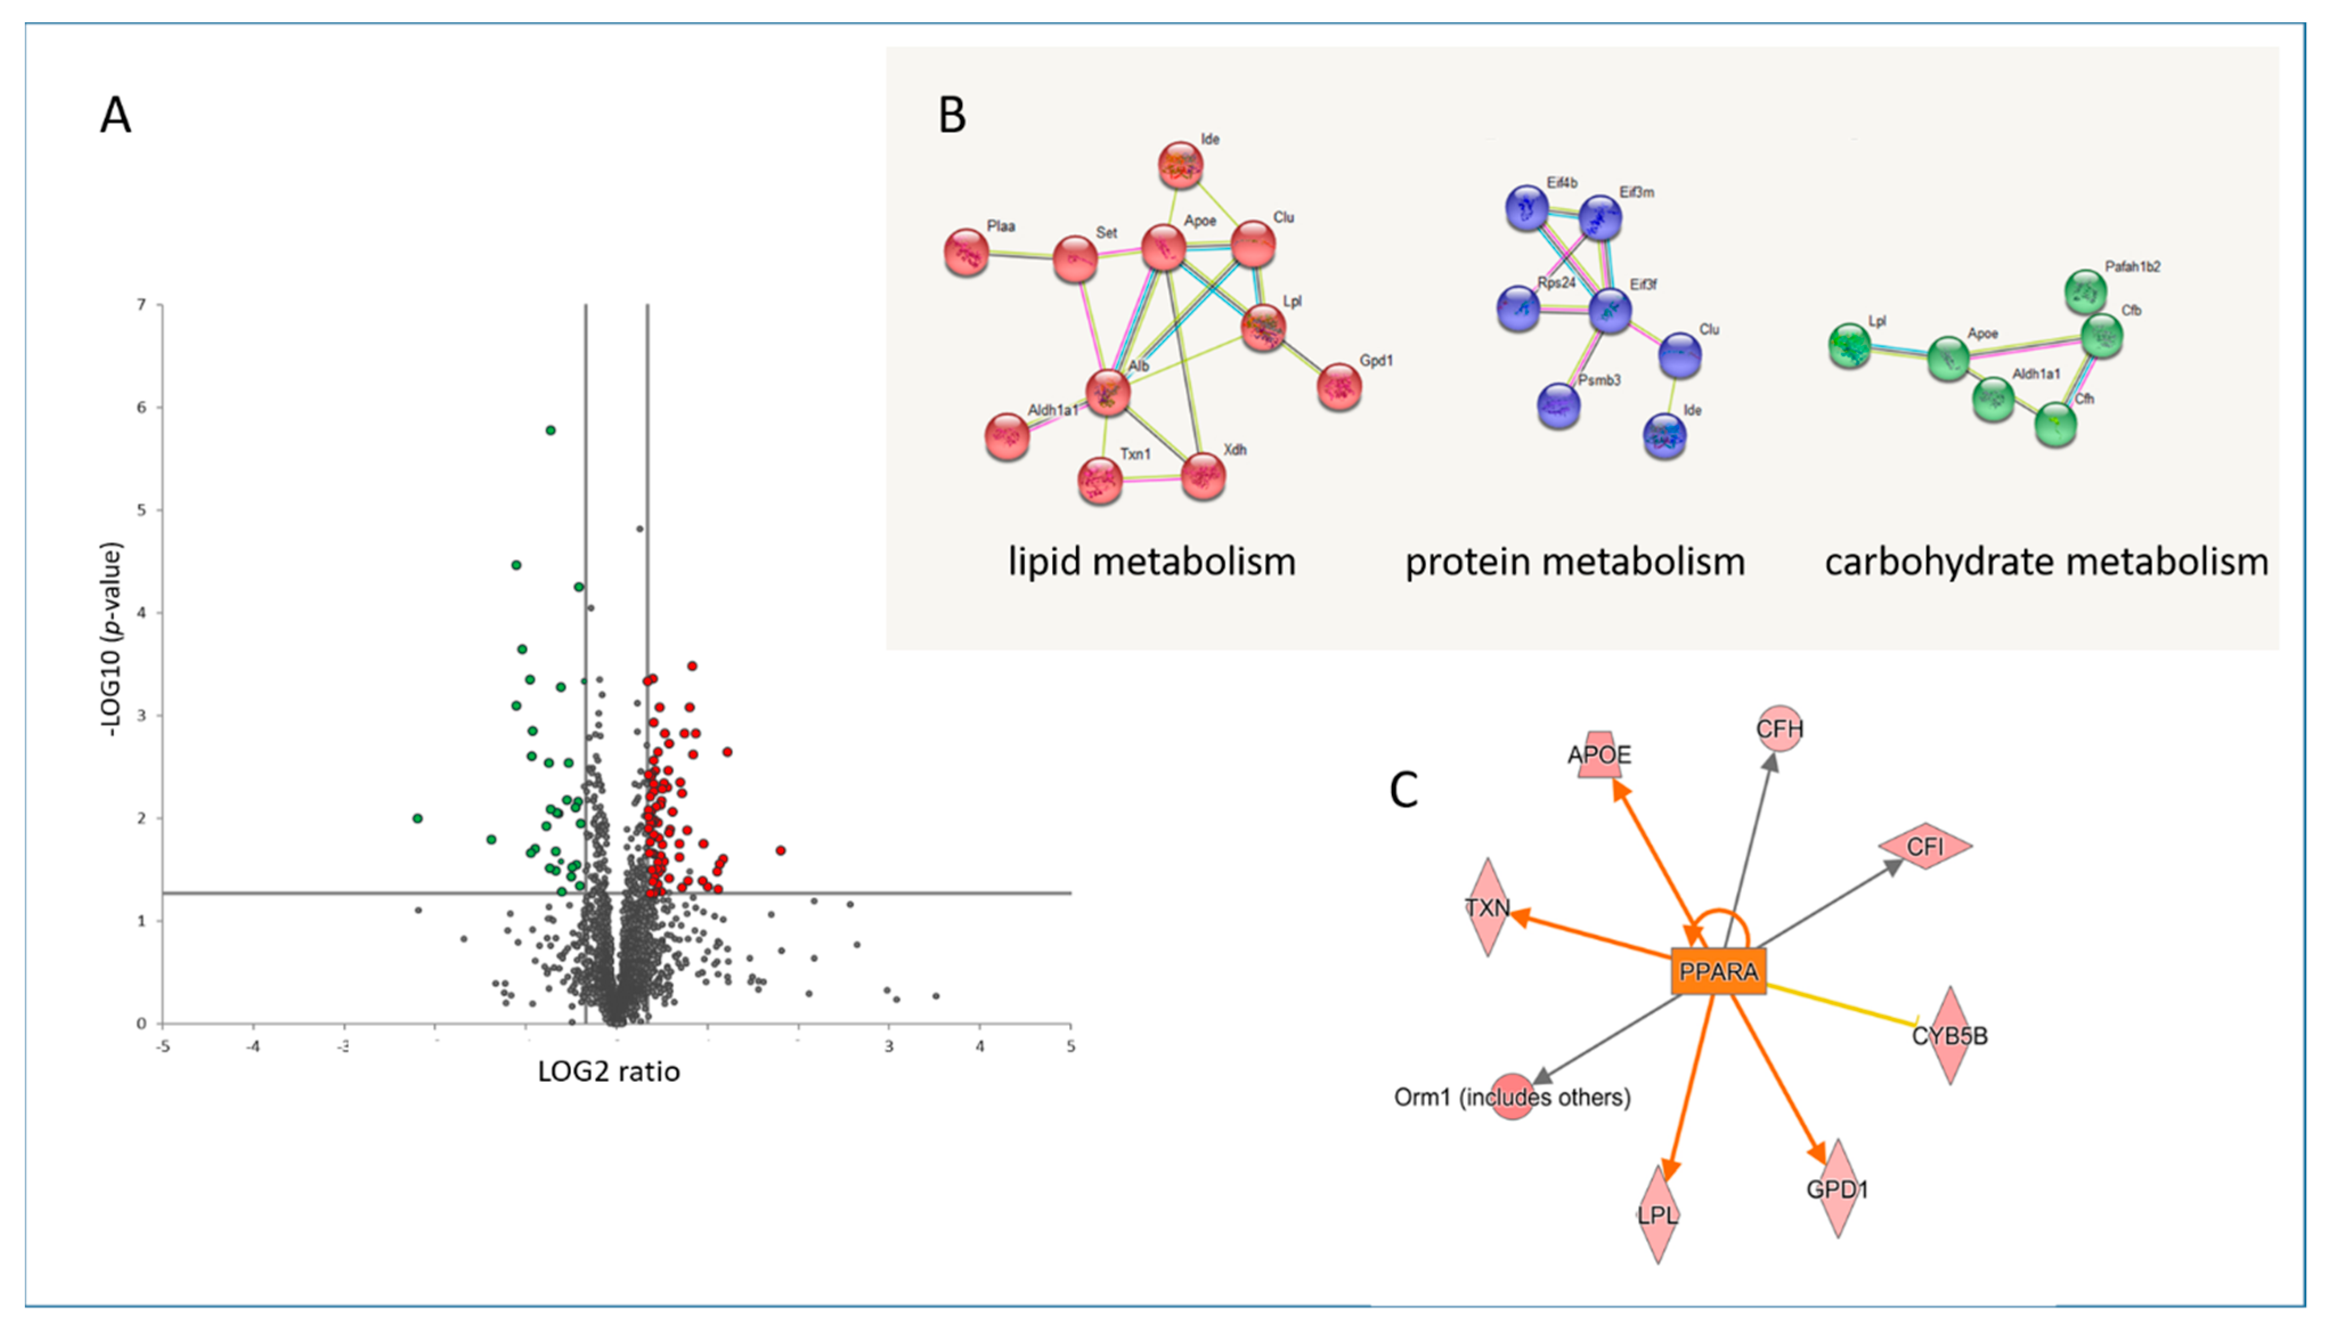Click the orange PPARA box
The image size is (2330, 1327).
1718,971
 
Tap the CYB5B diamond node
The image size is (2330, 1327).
1949,1035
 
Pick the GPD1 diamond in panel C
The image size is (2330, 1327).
1837,1188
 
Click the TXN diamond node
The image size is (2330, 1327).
1487,907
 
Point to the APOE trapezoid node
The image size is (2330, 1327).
1600,755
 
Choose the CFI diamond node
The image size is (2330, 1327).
1925,846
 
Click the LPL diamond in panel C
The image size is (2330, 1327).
1657,1214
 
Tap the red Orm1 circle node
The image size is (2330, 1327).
1512,1096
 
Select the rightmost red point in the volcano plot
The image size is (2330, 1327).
780,850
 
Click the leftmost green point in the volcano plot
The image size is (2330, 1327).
417,819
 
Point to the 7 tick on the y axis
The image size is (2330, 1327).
141,304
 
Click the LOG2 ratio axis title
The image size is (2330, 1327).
609,1071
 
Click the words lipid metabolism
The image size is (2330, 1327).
1151,561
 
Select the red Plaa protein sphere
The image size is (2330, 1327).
966,253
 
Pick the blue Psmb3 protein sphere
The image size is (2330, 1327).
1558,406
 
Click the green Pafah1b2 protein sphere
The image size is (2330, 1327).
2085,292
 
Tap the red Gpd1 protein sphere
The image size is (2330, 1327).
1339,386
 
